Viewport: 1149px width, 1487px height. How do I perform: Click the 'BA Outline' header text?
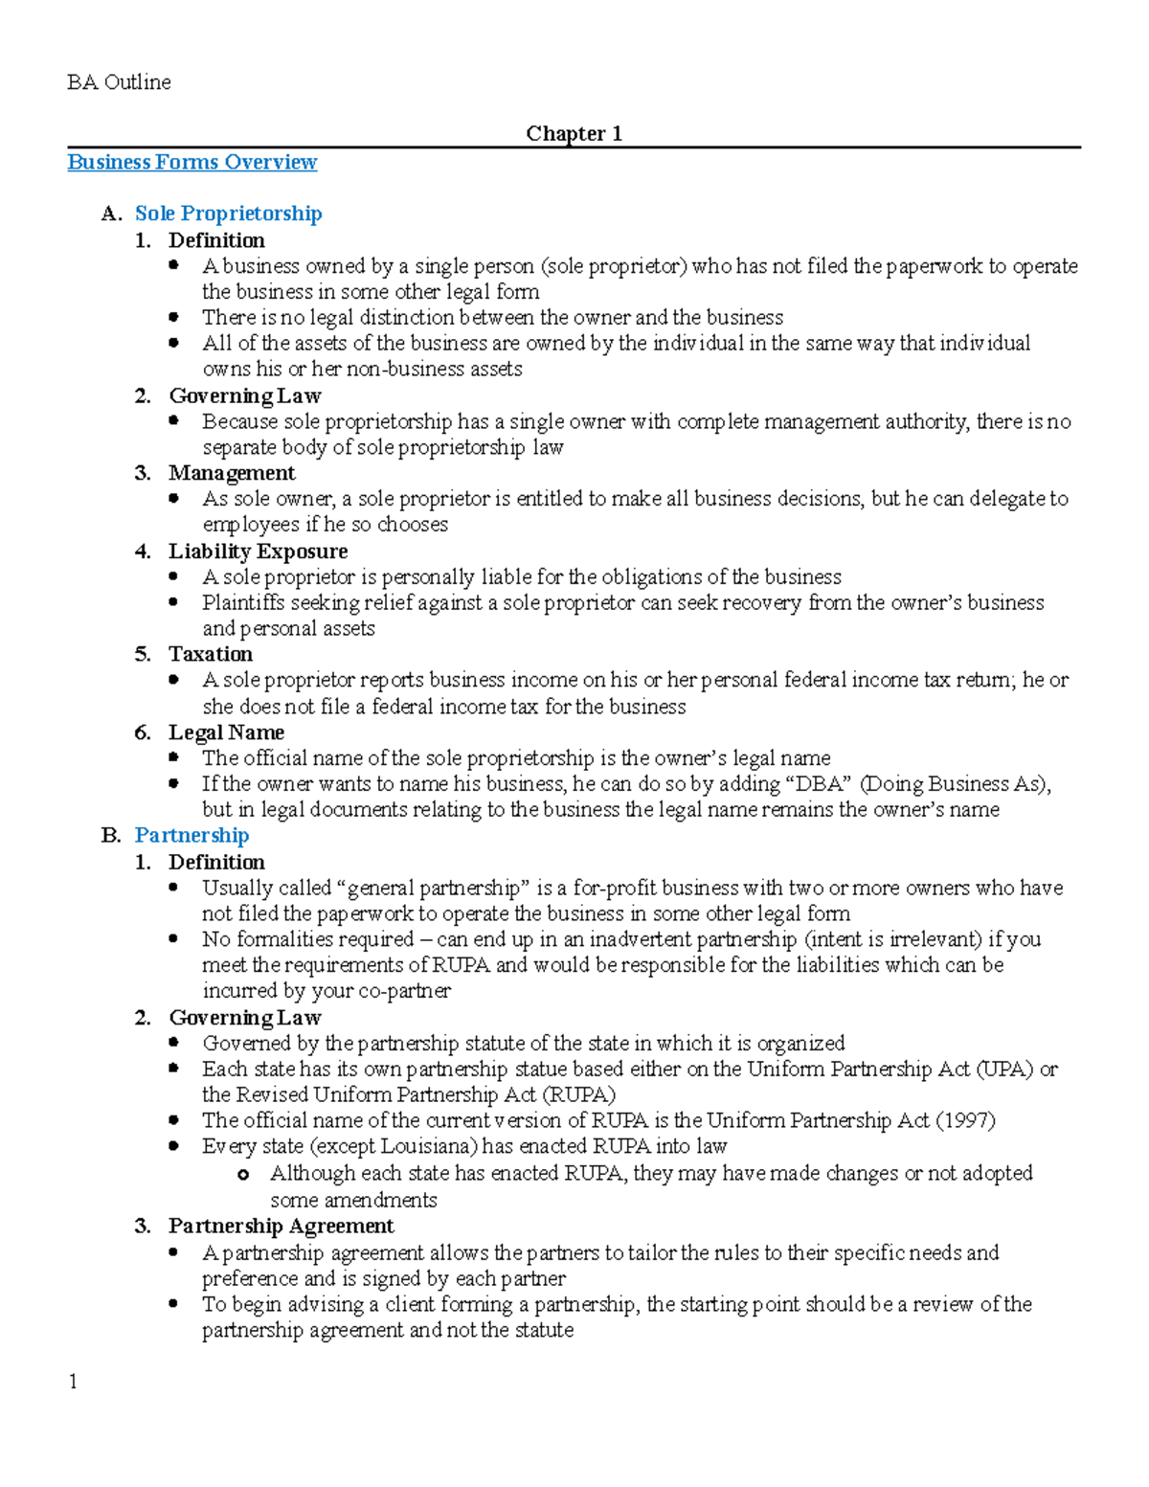click(119, 82)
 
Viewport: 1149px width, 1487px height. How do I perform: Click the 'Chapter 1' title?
click(574, 133)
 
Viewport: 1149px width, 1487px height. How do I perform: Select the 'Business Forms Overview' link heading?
click(191, 162)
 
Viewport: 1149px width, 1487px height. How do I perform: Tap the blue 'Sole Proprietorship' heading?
click(228, 214)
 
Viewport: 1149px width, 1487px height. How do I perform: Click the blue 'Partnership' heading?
click(191, 835)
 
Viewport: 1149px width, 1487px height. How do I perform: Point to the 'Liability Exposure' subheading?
click(258, 552)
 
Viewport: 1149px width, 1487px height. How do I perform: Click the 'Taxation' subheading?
click(211, 654)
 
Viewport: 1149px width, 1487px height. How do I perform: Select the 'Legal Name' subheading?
click(226, 732)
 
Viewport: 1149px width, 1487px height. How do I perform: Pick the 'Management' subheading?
click(232, 473)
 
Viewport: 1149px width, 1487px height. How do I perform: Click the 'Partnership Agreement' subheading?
click(281, 1226)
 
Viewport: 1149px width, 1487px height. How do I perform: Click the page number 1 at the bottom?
click(73, 1382)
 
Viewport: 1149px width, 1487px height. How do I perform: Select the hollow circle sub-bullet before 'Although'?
click(243, 1175)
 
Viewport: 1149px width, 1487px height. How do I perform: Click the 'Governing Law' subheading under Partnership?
click(244, 1018)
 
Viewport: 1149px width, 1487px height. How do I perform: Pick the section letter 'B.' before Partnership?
click(111, 835)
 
